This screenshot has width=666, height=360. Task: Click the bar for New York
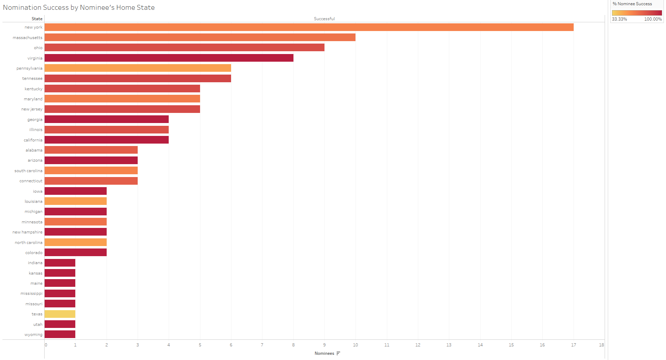click(309, 27)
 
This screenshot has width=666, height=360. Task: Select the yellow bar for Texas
click(60, 314)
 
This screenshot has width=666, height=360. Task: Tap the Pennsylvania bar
click(138, 68)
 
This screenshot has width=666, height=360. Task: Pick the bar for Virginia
click(169, 58)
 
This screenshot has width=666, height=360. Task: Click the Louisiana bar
click(76, 201)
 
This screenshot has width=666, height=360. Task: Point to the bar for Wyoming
click(60, 335)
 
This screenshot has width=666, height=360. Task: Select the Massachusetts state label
click(28, 38)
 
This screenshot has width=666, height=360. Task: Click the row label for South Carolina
click(28, 171)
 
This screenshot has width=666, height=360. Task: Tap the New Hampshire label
click(27, 232)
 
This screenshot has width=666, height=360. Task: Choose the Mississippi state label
click(31, 293)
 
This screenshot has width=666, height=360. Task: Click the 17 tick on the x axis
click(573, 345)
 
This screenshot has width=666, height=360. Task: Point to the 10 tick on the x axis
click(355, 345)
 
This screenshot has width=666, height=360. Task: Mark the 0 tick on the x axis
click(46, 345)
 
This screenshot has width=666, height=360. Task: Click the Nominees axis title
click(324, 353)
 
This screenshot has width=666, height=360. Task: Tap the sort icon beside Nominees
click(338, 353)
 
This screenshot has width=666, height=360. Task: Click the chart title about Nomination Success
click(79, 7)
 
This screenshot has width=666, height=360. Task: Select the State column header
click(37, 19)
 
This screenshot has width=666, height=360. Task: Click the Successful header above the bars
click(324, 19)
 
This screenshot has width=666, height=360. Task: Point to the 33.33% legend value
click(619, 19)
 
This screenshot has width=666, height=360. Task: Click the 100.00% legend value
click(653, 19)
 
